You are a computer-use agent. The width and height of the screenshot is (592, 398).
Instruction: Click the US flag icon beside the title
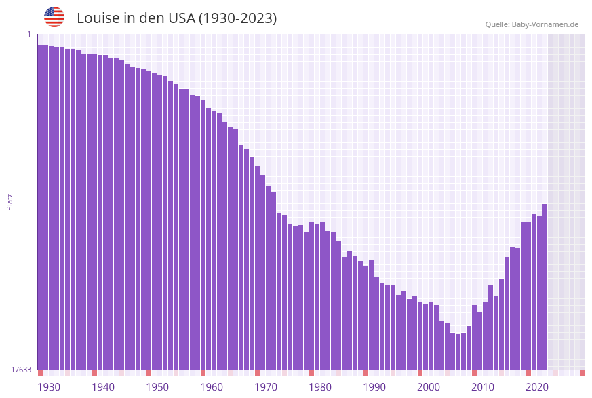(x=54, y=17)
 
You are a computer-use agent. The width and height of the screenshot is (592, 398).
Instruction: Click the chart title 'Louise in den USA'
(x=176, y=18)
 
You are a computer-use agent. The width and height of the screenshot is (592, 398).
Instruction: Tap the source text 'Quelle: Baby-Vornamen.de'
(x=532, y=24)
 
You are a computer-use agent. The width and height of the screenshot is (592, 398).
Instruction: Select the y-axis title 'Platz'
(x=10, y=201)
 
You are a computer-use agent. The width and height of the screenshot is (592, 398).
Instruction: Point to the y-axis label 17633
(x=21, y=370)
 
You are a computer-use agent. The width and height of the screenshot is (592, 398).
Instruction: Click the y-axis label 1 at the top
(x=29, y=34)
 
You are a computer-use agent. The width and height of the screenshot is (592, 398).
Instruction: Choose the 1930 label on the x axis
(x=48, y=387)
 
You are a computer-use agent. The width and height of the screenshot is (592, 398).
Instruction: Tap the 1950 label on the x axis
(x=157, y=387)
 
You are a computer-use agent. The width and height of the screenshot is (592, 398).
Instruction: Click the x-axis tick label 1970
(x=265, y=387)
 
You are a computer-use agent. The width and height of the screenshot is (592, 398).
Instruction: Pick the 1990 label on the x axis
(x=374, y=387)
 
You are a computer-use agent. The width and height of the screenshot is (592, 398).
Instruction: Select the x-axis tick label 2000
(x=428, y=387)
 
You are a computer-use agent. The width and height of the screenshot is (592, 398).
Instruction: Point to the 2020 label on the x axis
(x=536, y=387)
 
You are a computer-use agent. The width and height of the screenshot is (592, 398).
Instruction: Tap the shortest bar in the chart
(x=458, y=352)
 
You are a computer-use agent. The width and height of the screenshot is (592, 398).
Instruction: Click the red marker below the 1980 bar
(x=311, y=373)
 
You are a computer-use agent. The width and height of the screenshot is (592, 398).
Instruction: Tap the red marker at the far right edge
(x=583, y=373)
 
